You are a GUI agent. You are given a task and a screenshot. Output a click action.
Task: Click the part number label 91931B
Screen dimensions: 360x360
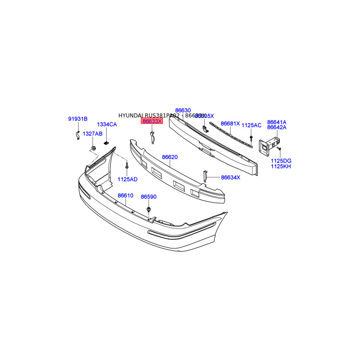[78, 119]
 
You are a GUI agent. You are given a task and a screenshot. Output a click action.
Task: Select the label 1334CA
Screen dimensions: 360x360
[107, 124]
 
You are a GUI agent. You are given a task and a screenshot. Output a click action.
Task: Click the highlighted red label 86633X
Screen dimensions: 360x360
[152, 121]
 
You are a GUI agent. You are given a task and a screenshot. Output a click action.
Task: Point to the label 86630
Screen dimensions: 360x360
[183, 110]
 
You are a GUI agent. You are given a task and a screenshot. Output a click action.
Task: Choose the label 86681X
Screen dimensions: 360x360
[230, 123]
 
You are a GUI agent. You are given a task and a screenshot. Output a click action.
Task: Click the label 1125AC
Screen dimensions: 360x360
[252, 125]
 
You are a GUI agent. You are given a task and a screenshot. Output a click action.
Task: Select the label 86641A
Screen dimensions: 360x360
[277, 122]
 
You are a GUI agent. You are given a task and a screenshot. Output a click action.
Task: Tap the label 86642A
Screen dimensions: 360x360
[277, 127]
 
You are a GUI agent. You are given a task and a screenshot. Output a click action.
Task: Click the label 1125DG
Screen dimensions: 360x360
[281, 161]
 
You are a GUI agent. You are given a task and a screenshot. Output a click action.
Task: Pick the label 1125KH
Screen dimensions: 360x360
[281, 166]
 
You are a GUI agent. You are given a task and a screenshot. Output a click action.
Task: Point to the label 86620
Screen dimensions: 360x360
[170, 157]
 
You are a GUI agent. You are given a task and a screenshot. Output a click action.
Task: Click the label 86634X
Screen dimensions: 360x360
[231, 177]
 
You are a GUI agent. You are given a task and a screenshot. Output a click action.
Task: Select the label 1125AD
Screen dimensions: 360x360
[127, 179]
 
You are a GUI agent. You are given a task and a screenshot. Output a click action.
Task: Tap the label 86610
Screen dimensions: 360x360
[126, 196]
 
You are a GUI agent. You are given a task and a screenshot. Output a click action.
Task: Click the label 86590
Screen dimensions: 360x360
[148, 197]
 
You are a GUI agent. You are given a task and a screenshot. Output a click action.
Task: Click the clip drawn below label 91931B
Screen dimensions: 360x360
[77, 135]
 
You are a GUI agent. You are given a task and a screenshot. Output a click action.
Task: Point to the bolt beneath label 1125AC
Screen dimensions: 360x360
[251, 136]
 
